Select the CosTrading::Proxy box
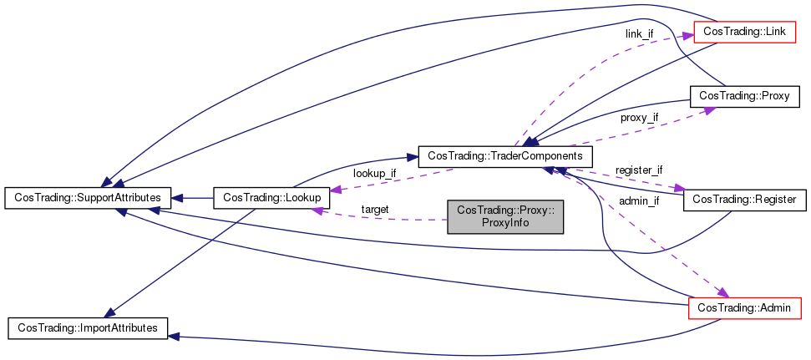(743, 96)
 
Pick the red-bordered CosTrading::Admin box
(743, 308)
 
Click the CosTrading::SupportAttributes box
(88, 198)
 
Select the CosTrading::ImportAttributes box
(88, 327)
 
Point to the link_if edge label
(639, 33)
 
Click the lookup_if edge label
(374, 173)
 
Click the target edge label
(375, 209)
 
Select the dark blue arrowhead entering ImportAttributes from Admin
(174, 336)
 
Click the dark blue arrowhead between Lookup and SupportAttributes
(179, 198)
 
